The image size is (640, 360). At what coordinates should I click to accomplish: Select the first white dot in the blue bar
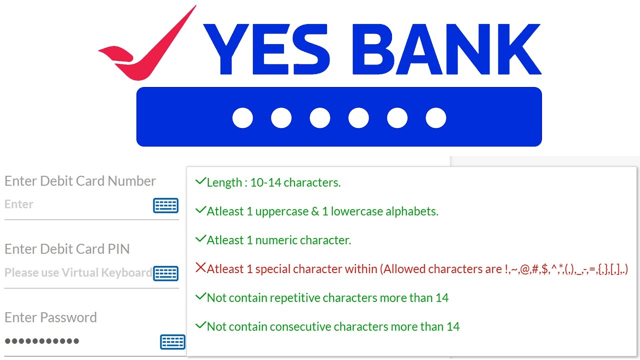pyautogui.click(x=242, y=118)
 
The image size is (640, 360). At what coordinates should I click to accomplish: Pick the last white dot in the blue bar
pyautogui.click(x=435, y=118)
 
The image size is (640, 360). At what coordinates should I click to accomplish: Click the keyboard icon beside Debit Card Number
pyautogui.click(x=165, y=205)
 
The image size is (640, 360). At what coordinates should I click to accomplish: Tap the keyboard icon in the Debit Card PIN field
pyautogui.click(x=165, y=273)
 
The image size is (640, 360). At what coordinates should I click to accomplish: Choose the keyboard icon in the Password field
pyautogui.click(x=172, y=341)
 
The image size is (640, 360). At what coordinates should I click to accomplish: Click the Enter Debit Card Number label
pyautogui.click(x=80, y=181)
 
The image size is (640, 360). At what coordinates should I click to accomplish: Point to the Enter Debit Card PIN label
pyautogui.click(x=67, y=249)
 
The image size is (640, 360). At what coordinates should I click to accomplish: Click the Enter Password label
pyautogui.click(x=50, y=317)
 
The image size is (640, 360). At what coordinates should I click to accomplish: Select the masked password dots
pyautogui.click(x=42, y=341)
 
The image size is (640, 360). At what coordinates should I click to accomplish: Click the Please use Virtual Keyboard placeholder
pyautogui.click(x=78, y=273)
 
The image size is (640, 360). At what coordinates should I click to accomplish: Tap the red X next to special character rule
pyautogui.click(x=200, y=268)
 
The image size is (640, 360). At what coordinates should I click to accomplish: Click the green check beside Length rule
pyautogui.click(x=200, y=181)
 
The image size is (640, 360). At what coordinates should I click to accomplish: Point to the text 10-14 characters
pyautogui.click(x=295, y=183)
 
